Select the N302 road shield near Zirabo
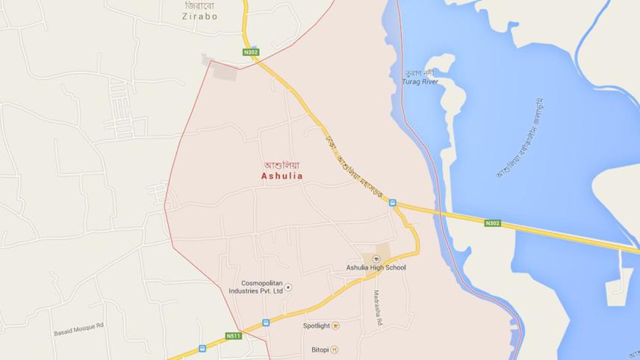pos(251,52)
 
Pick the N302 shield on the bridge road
pos(492,223)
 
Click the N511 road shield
pos(234,336)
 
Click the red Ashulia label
pos(282,176)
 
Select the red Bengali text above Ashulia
pos(282,165)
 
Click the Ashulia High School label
pos(376,267)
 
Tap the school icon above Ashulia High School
pos(376,258)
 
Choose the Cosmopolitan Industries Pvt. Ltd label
pos(262,288)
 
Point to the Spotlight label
pos(317,326)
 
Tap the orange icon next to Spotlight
pos(335,326)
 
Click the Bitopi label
pos(320,350)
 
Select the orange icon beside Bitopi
pos(335,350)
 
